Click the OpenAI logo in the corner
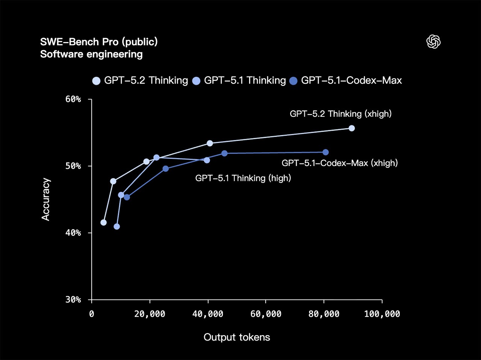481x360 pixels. (x=433, y=42)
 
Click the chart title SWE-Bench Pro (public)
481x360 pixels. (x=99, y=42)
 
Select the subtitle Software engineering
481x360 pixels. (x=91, y=54)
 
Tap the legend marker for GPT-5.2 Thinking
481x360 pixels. (x=97, y=81)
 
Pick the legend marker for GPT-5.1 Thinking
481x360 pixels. (x=196, y=81)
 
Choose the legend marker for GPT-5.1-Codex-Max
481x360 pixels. (x=293, y=81)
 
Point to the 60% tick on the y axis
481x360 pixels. (x=73, y=99)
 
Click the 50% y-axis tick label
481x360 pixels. (x=73, y=166)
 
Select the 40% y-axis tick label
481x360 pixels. (x=73, y=233)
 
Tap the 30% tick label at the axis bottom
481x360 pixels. (x=73, y=300)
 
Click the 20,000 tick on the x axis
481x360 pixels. (x=150, y=314)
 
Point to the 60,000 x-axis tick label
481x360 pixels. (x=266, y=314)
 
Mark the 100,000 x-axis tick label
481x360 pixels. (x=382, y=314)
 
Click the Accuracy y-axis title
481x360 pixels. (x=45, y=199)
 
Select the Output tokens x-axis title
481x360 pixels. (x=237, y=337)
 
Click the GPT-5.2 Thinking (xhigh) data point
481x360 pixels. (x=352, y=128)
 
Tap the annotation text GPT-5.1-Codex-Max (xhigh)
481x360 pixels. (x=339, y=163)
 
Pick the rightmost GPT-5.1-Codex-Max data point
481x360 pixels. (x=325, y=152)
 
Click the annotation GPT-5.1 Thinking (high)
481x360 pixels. (x=243, y=178)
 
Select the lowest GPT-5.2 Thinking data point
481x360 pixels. (x=103, y=223)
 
